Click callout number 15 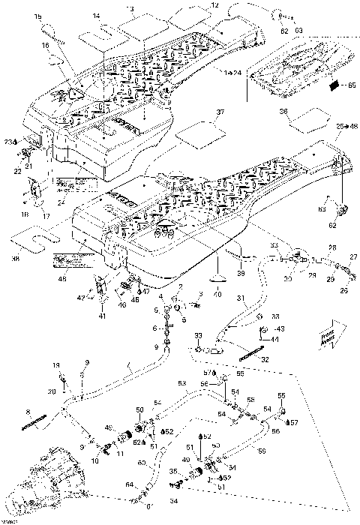coord(39,16)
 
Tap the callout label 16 coord(45,45)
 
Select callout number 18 coord(26,215)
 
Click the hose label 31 coord(241,298)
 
